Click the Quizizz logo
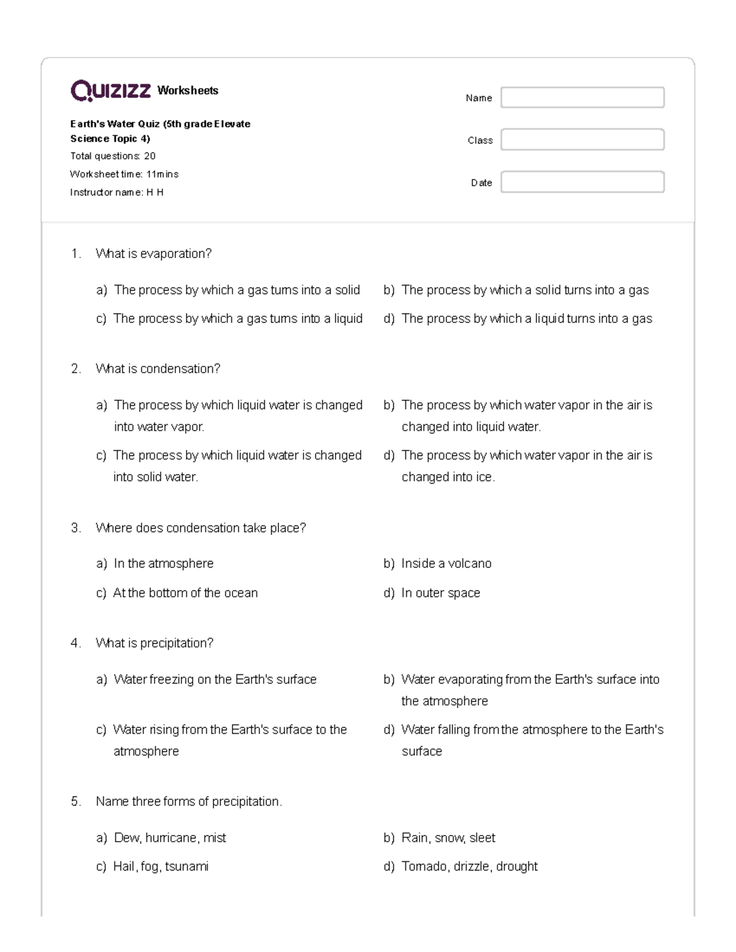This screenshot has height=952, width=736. [110, 91]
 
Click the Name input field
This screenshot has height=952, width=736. [582, 97]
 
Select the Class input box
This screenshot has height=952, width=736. [582, 140]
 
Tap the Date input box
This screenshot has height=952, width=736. [582, 182]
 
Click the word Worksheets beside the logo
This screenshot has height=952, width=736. [188, 91]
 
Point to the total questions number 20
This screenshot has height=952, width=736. [150, 156]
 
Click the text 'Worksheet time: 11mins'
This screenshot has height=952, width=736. [124, 174]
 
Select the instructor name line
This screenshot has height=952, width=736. [117, 192]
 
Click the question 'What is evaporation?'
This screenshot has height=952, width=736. [153, 254]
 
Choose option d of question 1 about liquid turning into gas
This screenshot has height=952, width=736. [526, 319]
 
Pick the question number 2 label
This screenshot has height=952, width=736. [75, 369]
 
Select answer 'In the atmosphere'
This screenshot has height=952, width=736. [163, 563]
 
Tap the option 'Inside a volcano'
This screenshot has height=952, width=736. [446, 563]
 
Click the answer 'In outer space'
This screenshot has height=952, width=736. [440, 593]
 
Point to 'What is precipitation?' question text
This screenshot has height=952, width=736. [154, 643]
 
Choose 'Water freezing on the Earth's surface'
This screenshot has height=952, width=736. [215, 679]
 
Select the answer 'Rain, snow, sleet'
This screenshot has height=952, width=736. [448, 838]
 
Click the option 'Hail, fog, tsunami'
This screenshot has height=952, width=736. [161, 867]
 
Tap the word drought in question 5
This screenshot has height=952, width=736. [516, 867]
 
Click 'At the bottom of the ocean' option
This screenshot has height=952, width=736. [185, 593]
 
